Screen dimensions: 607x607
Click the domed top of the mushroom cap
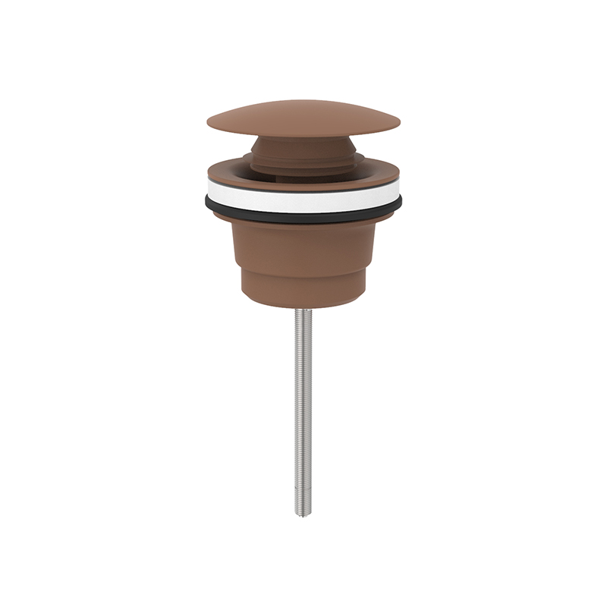tap(303, 114)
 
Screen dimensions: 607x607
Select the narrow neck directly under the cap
tap(303, 143)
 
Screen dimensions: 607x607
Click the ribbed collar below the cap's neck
tap(303, 156)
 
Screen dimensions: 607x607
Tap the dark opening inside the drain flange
tap(303, 173)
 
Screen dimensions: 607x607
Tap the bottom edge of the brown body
tap(303, 305)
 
